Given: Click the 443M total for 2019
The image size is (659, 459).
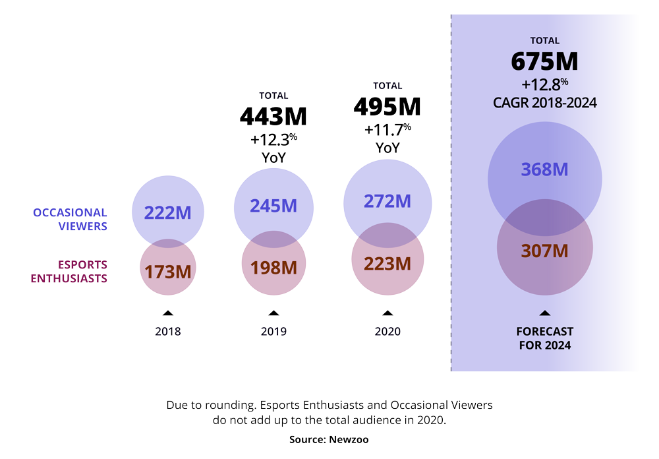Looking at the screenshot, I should coord(273,116).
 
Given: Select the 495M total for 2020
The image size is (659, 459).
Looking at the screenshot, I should coord(387,106).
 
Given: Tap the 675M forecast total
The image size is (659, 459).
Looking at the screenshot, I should coord(544,61).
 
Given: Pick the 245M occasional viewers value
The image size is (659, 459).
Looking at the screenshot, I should coord(273,206).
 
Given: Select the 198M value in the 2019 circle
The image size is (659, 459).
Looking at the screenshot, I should coord(273,268).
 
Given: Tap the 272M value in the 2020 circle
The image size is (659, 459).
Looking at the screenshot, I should coord(387,200).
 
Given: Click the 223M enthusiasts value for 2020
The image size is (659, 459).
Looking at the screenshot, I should coord(387,264).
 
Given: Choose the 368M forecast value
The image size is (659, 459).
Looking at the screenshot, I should coord(544,169).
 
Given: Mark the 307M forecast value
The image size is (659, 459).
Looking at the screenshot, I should coord(544,251).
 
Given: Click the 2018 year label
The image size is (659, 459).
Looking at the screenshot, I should coord(167,332).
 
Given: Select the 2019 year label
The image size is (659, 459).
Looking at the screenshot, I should coord(273,332).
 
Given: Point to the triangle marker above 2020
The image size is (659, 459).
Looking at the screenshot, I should coord(387,313).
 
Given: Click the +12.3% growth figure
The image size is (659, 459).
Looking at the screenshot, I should coord(273,140).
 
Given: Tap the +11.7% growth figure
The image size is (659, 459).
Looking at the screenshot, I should coord(387,129).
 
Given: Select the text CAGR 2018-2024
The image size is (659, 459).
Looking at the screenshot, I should coord(544,103).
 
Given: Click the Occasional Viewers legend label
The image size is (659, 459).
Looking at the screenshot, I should coord(70,219).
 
